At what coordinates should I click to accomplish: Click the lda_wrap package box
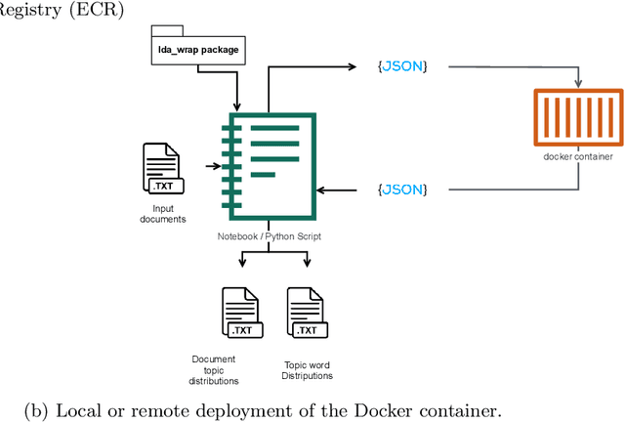[x=199, y=48]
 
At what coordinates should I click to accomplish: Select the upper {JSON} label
[x=402, y=66]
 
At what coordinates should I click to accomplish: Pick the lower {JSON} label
[x=402, y=189]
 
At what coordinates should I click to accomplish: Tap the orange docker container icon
[x=578, y=117]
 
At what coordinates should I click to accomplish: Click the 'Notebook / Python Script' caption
[x=271, y=237]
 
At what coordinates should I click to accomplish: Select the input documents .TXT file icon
[x=161, y=169]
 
